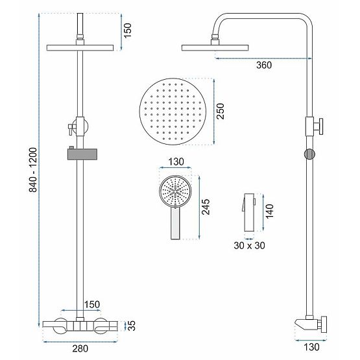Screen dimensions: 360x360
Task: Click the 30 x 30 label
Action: [250, 245]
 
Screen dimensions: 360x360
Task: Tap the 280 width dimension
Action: [80, 349]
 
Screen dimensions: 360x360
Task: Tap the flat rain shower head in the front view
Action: [80, 49]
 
